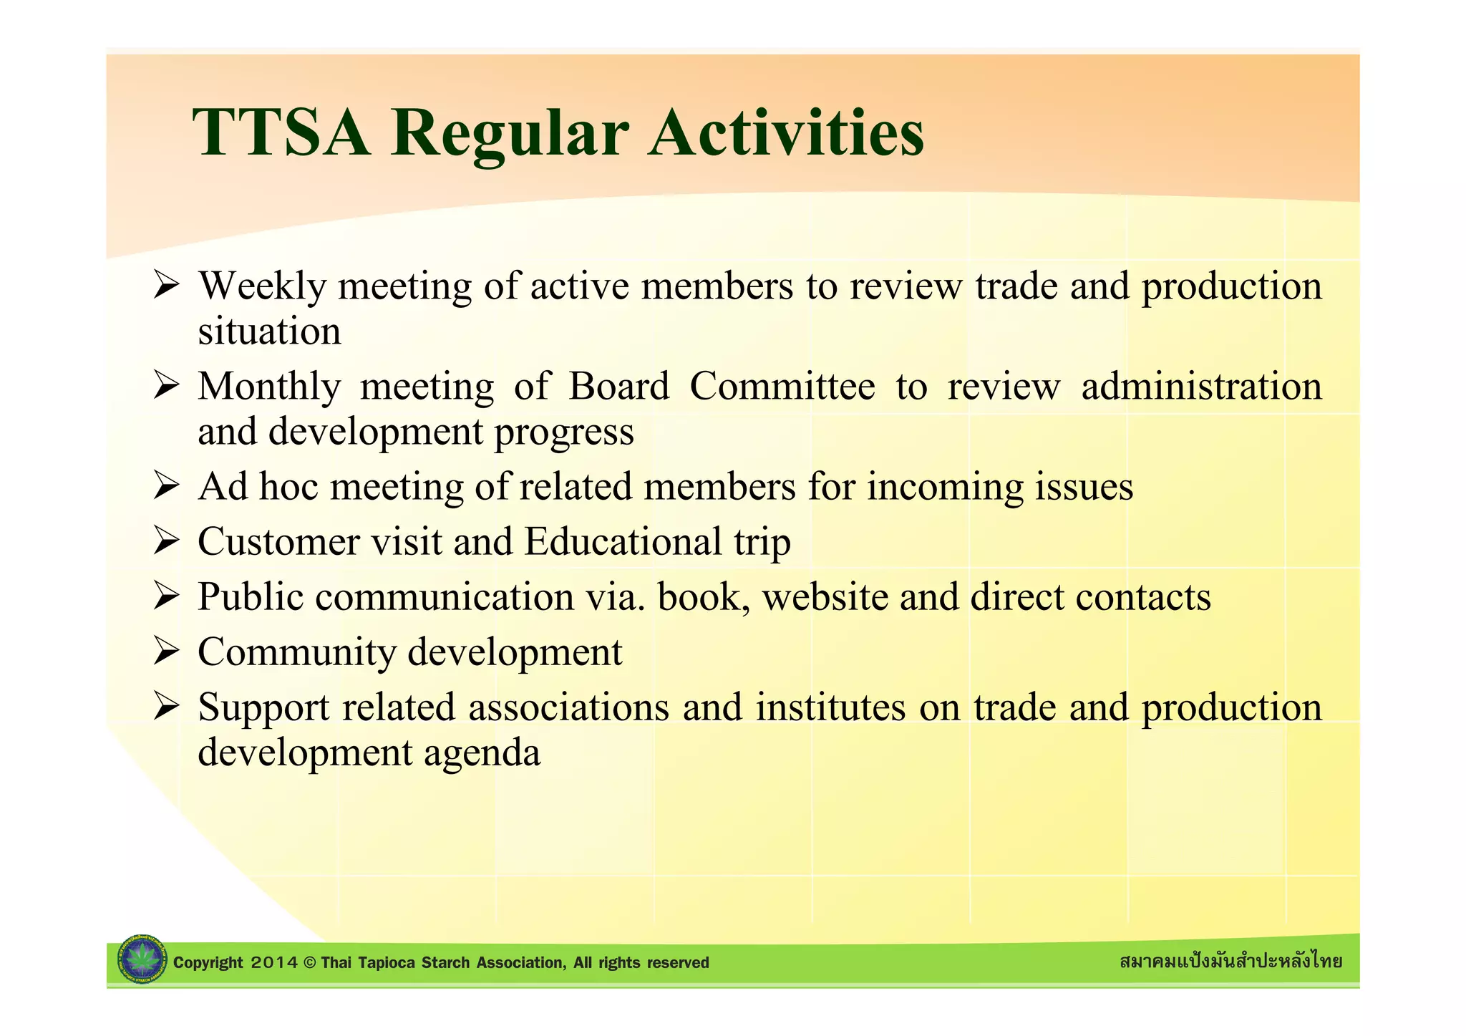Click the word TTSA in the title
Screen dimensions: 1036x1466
click(x=281, y=132)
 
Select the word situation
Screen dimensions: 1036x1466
click(x=269, y=331)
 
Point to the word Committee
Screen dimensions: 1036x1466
click(x=782, y=387)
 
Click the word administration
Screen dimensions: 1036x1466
click(x=1201, y=387)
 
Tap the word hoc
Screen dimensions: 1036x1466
click(x=288, y=487)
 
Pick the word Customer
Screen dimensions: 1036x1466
click(x=278, y=542)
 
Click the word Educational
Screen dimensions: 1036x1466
click(x=623, y=542)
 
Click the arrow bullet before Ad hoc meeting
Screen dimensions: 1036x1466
click(x=165, y=488)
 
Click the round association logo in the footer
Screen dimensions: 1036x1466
click(x=142, y=959)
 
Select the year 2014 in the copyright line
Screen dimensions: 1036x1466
click(x=275, y=963)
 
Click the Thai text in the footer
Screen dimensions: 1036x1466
click(x=1230, y=962)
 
